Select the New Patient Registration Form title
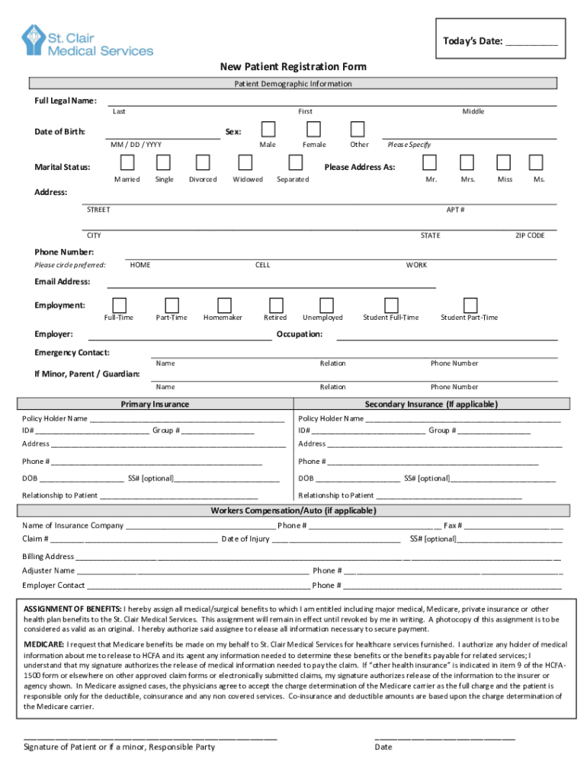(x=293, y=67)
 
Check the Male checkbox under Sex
(x=268, y=129)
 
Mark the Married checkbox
(x=127, y=162)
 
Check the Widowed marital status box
(x=245, y=162)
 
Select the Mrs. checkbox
(x=467, y=162)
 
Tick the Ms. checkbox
(x=536, y=162)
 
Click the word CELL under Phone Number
(x=262, y=265)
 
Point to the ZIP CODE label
(x=530, y=235)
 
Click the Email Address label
(x=63, y=282)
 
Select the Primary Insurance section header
(x=155, y=404)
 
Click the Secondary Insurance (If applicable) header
(x=431, y=404)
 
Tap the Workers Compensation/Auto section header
(x=293, y=511)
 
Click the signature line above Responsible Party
(x=149, y=737)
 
